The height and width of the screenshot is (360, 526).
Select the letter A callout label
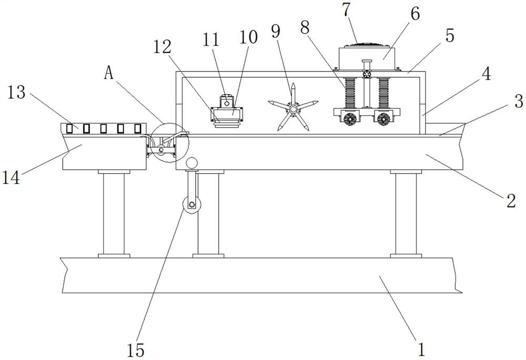[x=109, y=74]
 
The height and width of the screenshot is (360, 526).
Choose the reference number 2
[x=509, y=201]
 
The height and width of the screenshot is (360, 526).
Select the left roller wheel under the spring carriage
[x=349, y=120]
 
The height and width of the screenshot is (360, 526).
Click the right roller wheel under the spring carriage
[x=382, y=120]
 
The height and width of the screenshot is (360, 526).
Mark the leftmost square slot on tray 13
[x=69, y=128]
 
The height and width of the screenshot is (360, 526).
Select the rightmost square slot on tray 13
[x=138, y=128]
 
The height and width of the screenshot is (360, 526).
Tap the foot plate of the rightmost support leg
[x=406, y=255]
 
